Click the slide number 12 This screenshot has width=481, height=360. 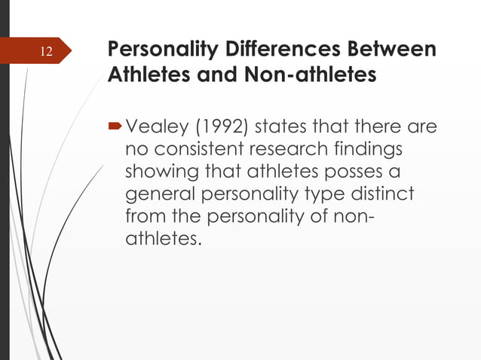[x=47, y=53]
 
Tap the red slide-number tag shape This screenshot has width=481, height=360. [x=38, y=53]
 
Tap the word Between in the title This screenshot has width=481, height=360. [x=398, y=51]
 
